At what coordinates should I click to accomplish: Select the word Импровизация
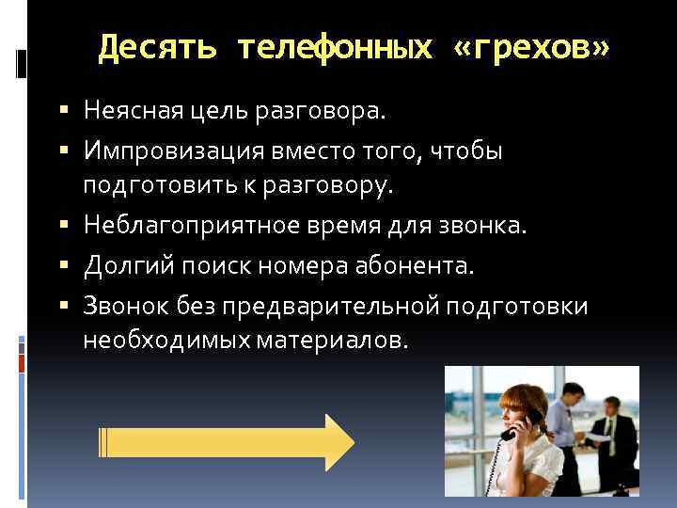(165, 151)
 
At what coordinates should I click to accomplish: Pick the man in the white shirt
(563, 423)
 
